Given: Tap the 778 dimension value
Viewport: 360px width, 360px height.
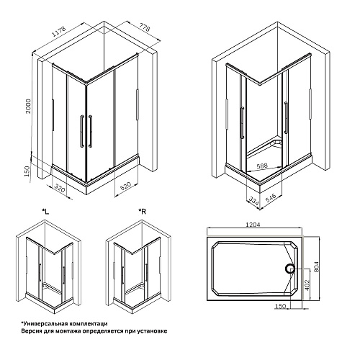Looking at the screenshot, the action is pos(145,27).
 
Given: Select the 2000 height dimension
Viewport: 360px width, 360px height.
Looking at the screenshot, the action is pos(28,106).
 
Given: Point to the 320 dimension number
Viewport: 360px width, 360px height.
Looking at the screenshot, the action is pos(60,188).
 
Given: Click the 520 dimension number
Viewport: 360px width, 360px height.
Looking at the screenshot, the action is pos(125,186).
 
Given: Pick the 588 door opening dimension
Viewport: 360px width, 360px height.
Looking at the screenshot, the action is pos(262,166).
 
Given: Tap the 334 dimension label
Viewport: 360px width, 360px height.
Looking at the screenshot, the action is pos(254,201).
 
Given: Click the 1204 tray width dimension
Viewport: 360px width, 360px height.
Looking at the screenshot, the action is pos(253,225).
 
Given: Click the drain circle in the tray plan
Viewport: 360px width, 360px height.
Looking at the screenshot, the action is pos(289,269).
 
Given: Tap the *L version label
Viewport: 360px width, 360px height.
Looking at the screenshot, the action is pos(45,212).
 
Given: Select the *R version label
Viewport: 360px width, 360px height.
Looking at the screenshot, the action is pos(142,211).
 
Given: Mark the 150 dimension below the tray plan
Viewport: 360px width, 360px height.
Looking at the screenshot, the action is pos(281,306).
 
